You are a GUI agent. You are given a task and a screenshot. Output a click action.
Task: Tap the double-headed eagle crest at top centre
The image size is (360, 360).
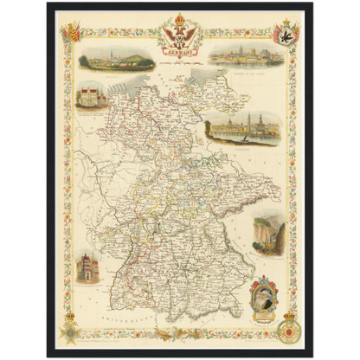pyautogui.click(x=179, y=36)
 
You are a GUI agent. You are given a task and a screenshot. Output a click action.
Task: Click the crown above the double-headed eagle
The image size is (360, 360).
pyautogui.click(x=179, y=20)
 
